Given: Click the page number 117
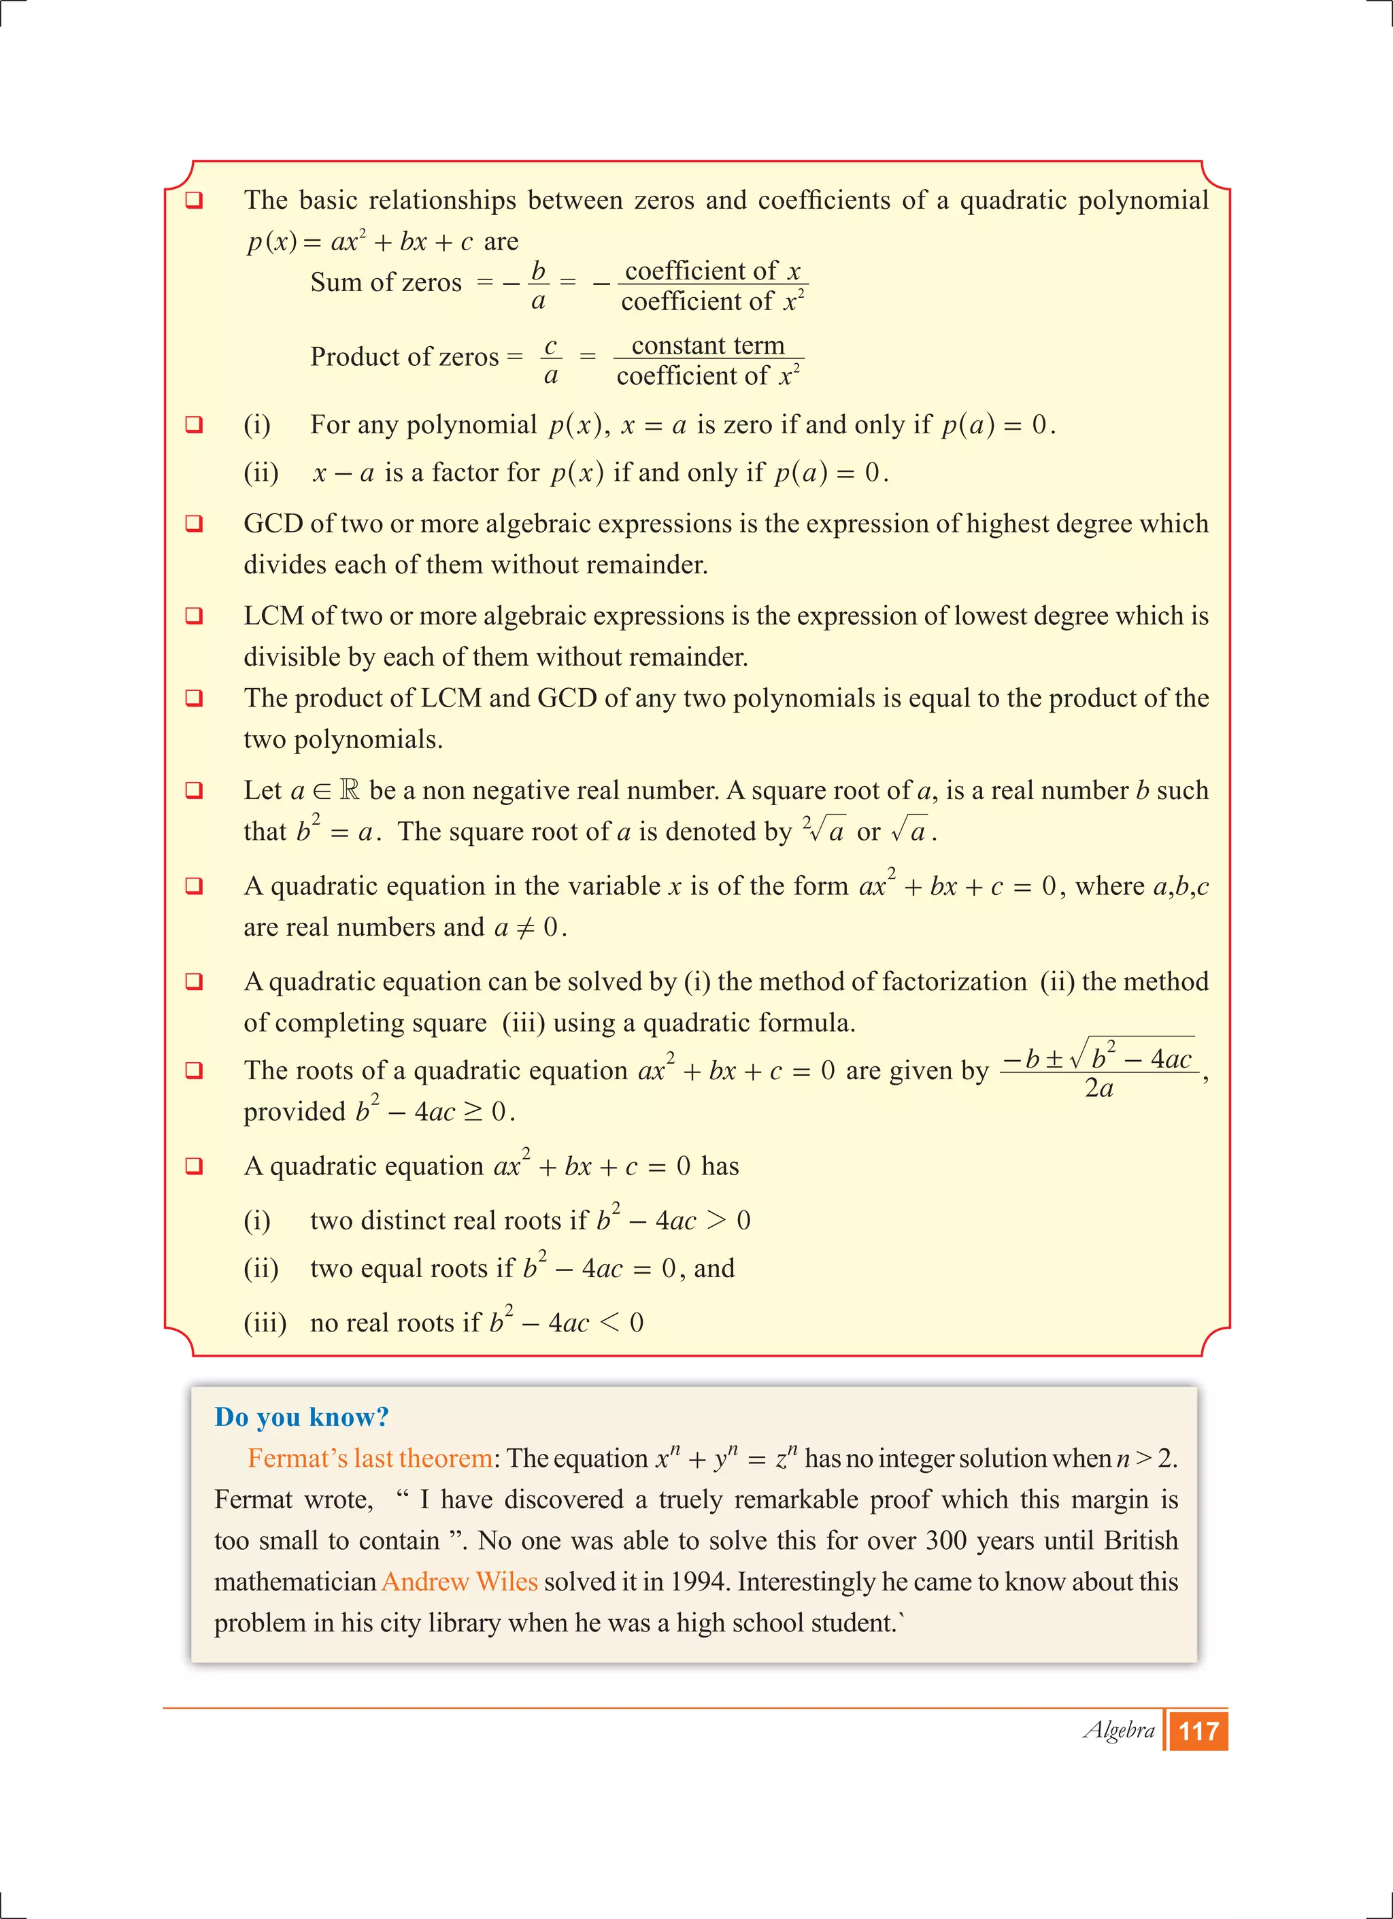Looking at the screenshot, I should [x=1198, y=1731].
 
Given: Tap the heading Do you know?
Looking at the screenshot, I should [x=301, y=1417].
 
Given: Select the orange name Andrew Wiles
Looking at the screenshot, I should [x=460, y=1582].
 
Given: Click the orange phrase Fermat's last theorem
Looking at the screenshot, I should [x=370, y=1458].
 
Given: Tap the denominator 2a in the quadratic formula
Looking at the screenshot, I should [x=1098, y=1088].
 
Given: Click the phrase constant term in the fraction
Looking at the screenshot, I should [x=708, y=345].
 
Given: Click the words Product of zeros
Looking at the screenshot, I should [x=405, y=356].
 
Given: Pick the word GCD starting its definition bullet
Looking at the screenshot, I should [x=273, y=524].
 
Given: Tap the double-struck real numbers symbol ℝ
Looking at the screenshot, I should [x=349, y=790].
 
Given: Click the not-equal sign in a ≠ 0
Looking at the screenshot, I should [x=526, y=928].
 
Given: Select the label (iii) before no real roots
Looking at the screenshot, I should [x=265, y=1323].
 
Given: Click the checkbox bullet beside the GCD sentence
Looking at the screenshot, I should [x=194, y=524].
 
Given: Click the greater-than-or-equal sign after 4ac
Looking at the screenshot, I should [x=473, y=1111].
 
